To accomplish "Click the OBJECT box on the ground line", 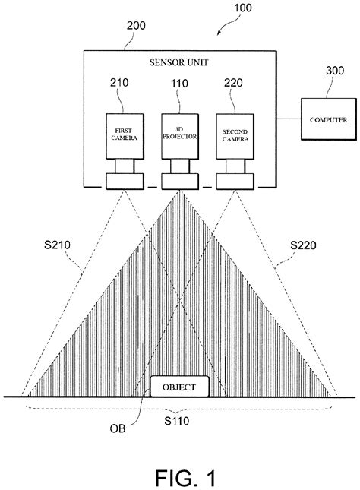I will point(179,387).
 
